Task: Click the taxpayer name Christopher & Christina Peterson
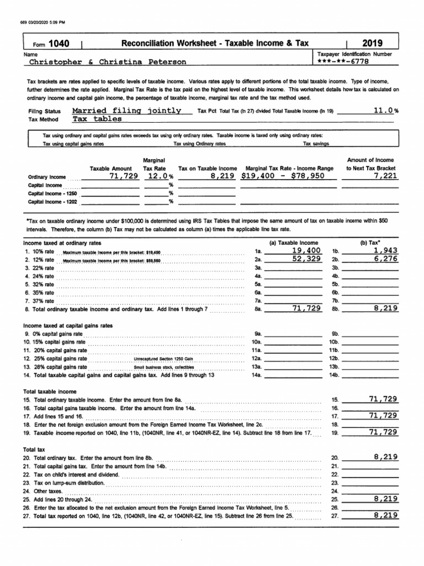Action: point(108,62)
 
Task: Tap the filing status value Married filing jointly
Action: point(127,111)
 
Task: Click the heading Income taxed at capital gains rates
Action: point(68,326)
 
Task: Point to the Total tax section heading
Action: point(36,450)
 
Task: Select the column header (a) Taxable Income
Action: point(293,243)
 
